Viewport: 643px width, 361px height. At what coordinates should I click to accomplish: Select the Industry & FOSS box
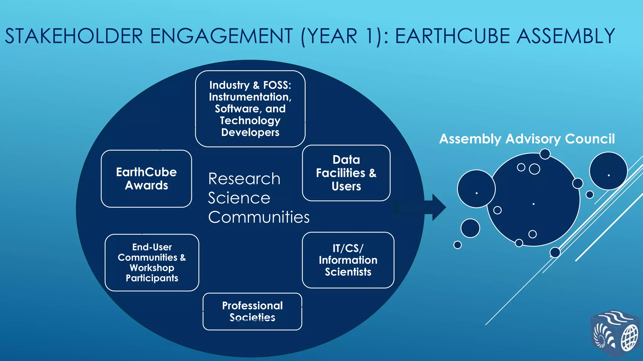click(250, 108)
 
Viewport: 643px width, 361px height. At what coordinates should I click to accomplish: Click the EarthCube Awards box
click(146, 179)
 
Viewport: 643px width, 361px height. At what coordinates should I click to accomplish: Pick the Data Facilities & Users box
click(346, 173)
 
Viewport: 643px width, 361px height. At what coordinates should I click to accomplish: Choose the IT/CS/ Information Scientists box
click(348, 260)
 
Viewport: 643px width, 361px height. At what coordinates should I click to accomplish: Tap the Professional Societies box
click(252, 311)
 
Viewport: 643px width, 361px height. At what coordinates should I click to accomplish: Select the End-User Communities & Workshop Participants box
click(152, 262)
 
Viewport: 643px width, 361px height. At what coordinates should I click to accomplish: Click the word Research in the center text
click(244, 179)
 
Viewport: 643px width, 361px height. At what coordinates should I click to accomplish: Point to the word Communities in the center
click(259, 217)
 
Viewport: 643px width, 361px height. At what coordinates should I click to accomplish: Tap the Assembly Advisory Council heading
click(527, 139)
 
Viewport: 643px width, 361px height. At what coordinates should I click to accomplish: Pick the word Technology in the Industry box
click(250, 120)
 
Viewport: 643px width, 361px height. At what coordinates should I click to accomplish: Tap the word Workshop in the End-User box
click(152, 268)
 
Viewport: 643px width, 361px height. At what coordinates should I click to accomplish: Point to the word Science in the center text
click(239, 198)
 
